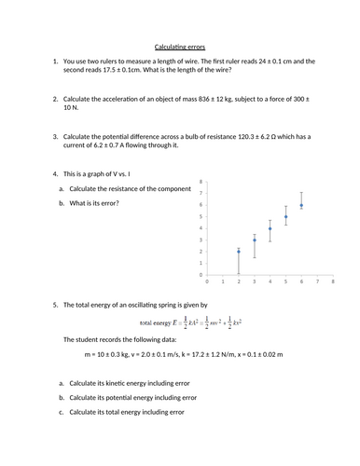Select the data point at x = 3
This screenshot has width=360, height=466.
pos(255,240)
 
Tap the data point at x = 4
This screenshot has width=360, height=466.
pos(270,228)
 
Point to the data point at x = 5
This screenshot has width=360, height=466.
pos(286,216)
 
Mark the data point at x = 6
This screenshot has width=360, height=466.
pos(301,205)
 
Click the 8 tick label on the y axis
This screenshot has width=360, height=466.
pos(201,182)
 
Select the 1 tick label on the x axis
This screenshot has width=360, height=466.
pos(223,281)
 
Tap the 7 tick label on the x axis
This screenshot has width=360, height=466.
pos(317,281)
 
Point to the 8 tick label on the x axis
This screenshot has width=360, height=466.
pos(332,281)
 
